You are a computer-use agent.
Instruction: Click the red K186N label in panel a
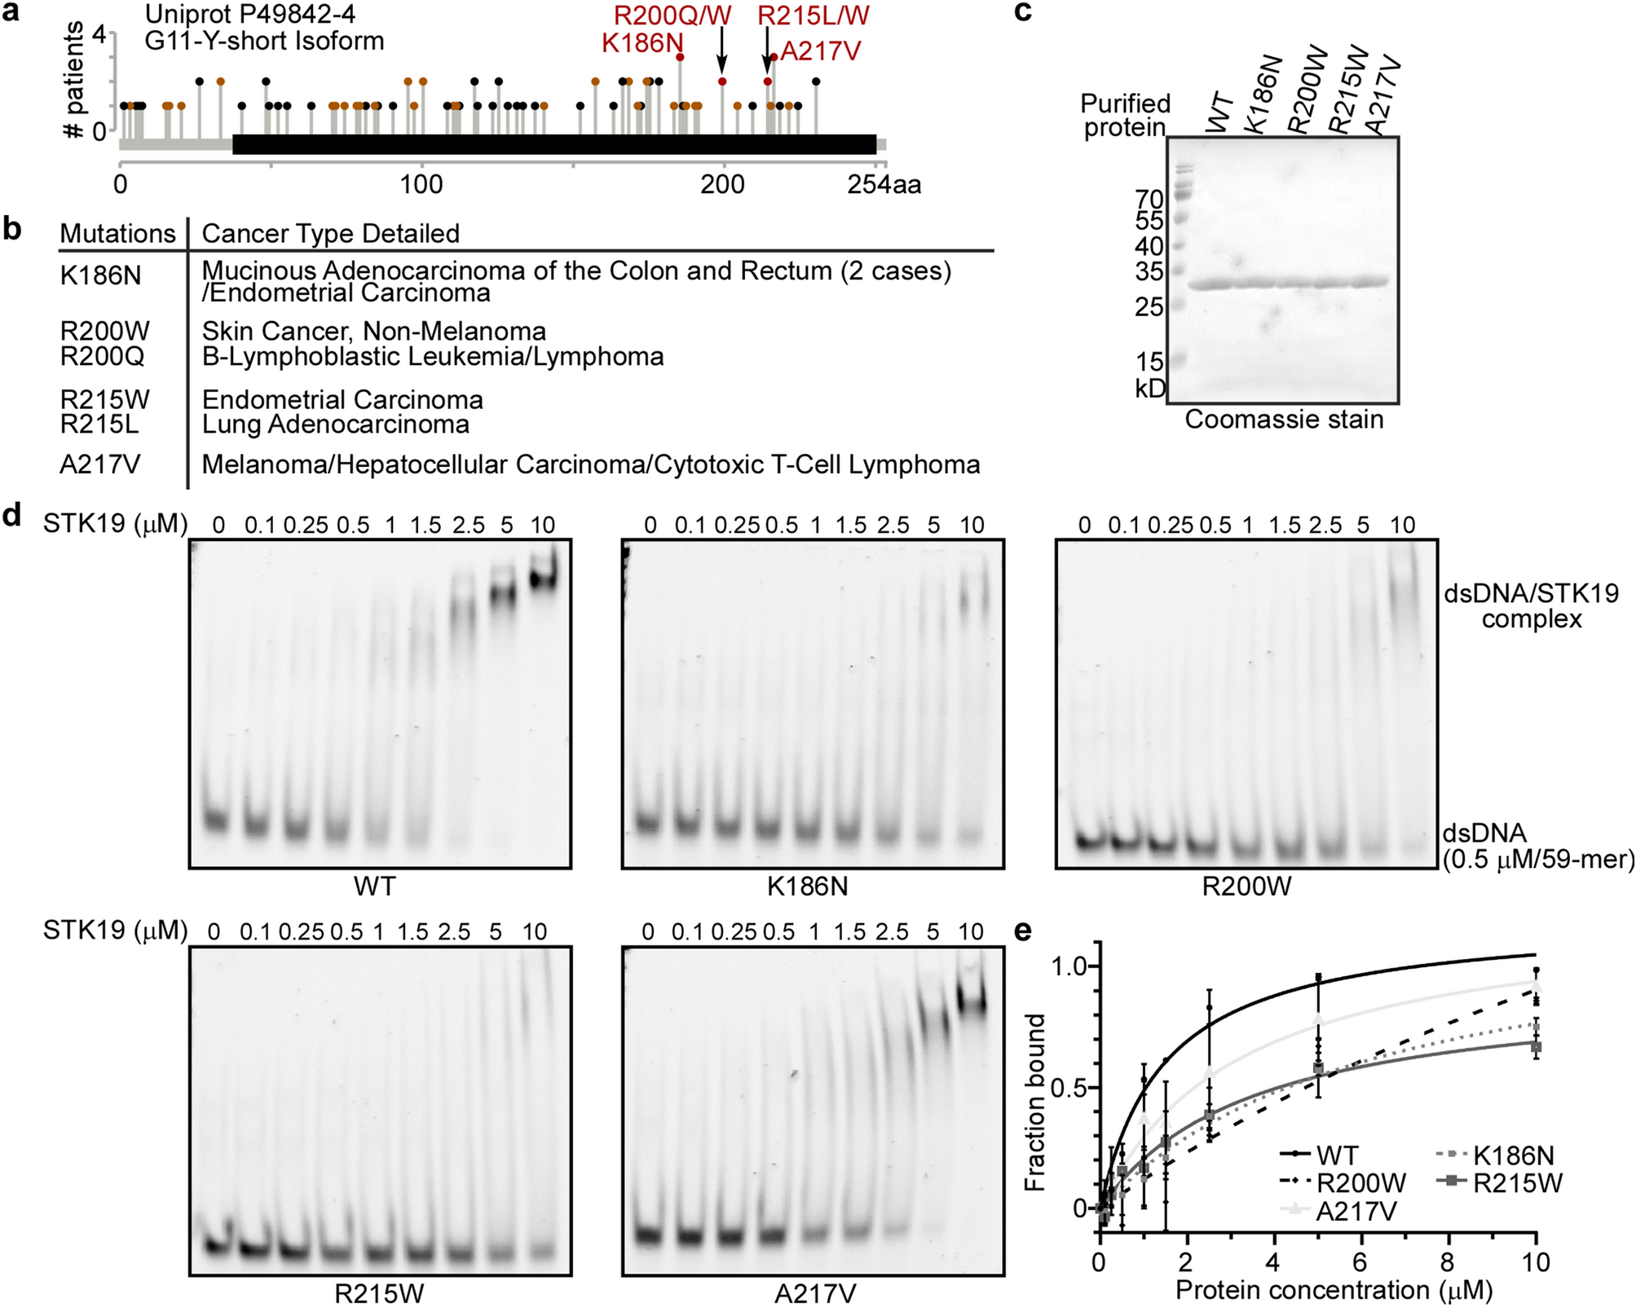[x=642, y=43]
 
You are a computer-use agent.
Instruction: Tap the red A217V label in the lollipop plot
[x=820, y=52]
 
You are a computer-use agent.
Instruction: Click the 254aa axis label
[x=884, y=185]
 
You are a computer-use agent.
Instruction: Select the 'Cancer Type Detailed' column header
[x=330, y=234]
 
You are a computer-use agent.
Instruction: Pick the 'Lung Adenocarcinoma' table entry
[x=335, y=425]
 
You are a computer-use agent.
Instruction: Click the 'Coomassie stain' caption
[x=1283, y=420]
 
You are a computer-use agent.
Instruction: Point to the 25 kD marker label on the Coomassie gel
[x=1149, y=308]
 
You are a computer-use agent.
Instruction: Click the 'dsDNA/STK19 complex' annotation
[x=1531, y=605]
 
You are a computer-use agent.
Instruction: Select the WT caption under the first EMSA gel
[x=374, y=886]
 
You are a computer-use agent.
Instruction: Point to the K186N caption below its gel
[x=807, y=886]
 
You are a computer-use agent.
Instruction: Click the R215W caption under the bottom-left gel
[x=379, y=1293]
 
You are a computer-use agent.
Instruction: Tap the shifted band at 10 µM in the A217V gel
[x=971, y=1000]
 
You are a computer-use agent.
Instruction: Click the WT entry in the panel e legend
[x=1337, y=1155]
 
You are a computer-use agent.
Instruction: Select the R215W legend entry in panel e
[x=1516, y=1183]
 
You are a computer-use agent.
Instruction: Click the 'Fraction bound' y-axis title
[x=1035, y=1102]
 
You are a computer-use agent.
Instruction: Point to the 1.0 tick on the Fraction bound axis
[x=1069, y=967]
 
